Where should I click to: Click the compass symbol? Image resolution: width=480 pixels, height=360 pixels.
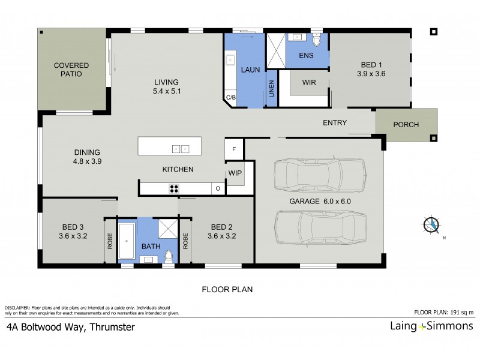point(431,225)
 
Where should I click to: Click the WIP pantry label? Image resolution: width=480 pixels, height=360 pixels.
point(234,173)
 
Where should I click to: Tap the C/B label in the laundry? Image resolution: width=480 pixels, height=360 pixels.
point(230,97)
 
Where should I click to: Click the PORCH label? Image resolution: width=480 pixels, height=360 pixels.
point(406,125)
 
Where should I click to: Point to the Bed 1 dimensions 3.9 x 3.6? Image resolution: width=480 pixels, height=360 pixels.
point(371,74)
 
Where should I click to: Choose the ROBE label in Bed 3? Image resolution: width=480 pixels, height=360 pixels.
point(110,241)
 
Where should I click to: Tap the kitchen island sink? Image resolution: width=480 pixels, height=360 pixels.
point(181,148)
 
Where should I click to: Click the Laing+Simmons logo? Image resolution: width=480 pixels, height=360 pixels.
point(429,327)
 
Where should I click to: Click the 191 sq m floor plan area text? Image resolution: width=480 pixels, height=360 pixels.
point(443,313)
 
